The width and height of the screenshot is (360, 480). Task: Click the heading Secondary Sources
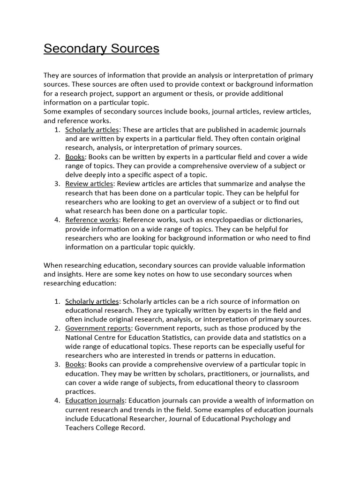[101, 49]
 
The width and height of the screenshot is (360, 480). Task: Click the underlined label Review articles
[89, 184]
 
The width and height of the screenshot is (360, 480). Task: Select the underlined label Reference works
[92, 220]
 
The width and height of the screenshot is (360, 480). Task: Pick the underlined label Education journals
[95, 401]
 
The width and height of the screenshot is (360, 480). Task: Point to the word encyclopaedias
[224, 220]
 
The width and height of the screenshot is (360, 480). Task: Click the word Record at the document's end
[134, 427]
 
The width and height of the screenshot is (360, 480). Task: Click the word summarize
[239, 184]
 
